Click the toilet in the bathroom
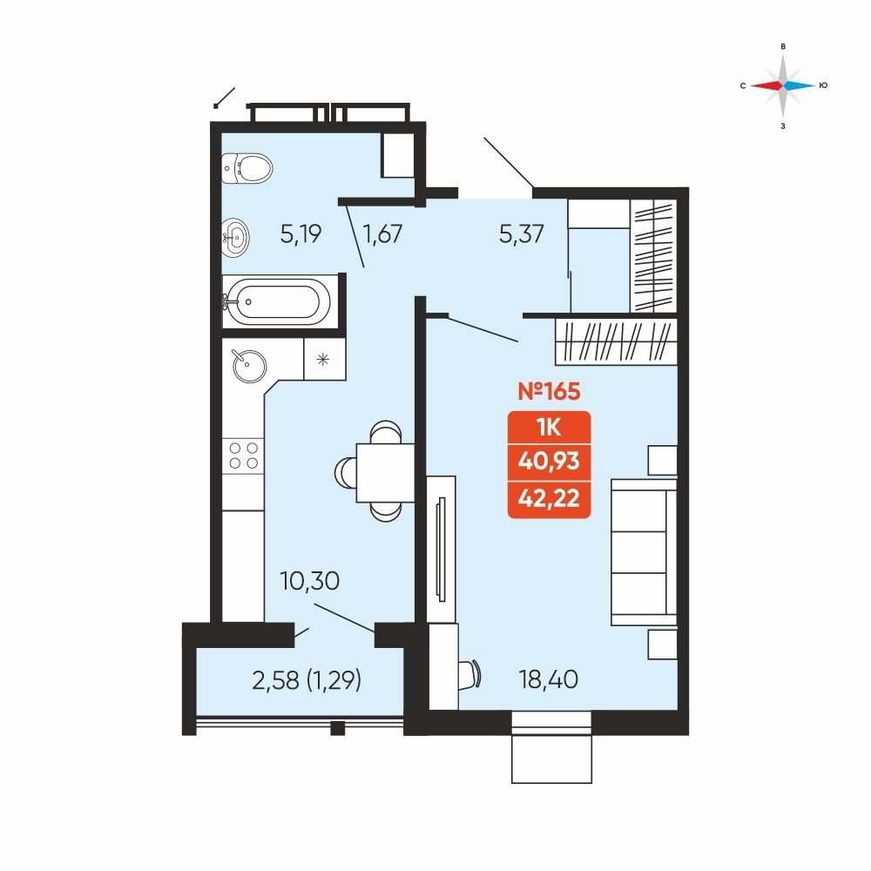[247, 167]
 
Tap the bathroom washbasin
[235, 238]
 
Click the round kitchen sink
[249, 366]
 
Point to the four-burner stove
[243, 456]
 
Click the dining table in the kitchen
[385, 472]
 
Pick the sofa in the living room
[644, 552]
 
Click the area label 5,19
[300, 233]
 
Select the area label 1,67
[382, 233]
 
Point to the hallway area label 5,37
[521, 233]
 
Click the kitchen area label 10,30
[310, 581]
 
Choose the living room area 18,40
[548, 679]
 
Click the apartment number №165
[549, 391]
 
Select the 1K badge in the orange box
[549, 427]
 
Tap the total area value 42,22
[549, 498]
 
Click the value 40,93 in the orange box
[549, 461]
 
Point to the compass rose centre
[783, 85]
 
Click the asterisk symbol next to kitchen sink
[323, 360]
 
